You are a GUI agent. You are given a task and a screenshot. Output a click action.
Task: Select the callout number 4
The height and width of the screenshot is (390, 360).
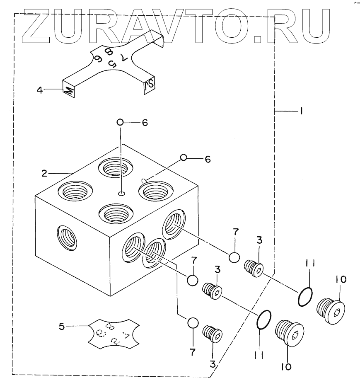click(40, 89)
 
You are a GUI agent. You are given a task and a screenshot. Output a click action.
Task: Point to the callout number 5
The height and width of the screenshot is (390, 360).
click(62, 326)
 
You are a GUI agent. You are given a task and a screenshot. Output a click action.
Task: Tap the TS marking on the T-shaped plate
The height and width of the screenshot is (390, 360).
click(149, 86)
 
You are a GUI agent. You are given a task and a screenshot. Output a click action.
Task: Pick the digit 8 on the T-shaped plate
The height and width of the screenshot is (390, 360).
click(109, 51)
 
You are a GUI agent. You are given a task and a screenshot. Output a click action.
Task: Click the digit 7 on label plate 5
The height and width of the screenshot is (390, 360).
click(127, 335)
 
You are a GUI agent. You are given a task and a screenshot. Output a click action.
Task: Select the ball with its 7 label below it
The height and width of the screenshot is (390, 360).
click(192, 322)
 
